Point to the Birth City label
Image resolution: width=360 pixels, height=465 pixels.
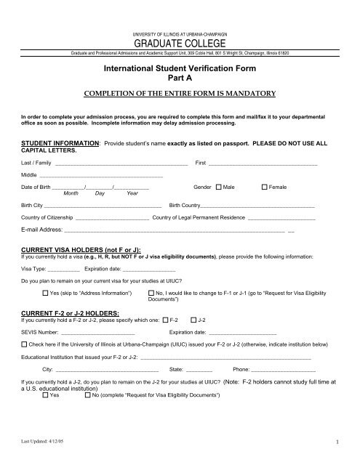[32, 206]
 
